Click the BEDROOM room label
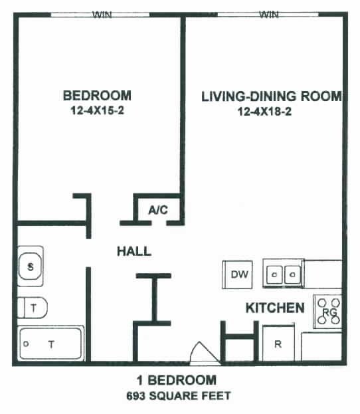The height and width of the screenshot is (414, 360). (98, 95)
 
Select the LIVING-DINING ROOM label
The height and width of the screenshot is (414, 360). (272, 96)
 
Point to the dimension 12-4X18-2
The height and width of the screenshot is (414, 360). (265, 112)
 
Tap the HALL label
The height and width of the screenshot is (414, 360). (134, 251)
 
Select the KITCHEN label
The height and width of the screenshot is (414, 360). (275, 308)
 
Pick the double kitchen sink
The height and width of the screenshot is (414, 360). (284, 274)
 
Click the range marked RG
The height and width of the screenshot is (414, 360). (327, 312)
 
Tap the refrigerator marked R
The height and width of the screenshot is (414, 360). (279, 345)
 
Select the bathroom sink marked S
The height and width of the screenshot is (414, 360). (31, 267)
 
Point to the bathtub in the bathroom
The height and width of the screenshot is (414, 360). (50, 344)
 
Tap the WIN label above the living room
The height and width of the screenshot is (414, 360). (269, 14)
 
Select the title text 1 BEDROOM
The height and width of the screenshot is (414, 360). (175, 381)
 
